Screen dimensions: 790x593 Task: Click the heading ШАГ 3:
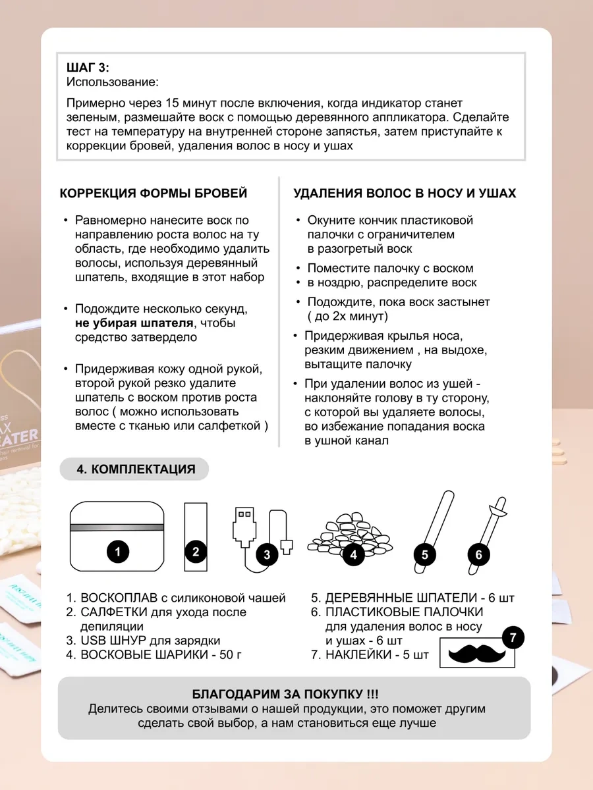88,68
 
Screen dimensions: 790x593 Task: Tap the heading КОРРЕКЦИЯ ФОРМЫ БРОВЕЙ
154,194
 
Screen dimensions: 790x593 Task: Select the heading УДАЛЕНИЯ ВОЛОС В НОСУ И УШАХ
404,194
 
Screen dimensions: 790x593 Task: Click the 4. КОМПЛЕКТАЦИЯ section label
136,469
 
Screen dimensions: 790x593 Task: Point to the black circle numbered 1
118,552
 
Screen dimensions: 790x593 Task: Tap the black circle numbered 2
196,552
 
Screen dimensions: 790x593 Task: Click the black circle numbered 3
267,554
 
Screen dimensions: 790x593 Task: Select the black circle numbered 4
354,554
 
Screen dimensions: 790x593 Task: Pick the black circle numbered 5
425,554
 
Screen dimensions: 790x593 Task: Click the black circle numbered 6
479,554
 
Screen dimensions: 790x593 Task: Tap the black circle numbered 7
513,637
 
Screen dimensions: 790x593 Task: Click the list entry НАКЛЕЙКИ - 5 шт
369,654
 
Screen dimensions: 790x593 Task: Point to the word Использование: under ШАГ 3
113,82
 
